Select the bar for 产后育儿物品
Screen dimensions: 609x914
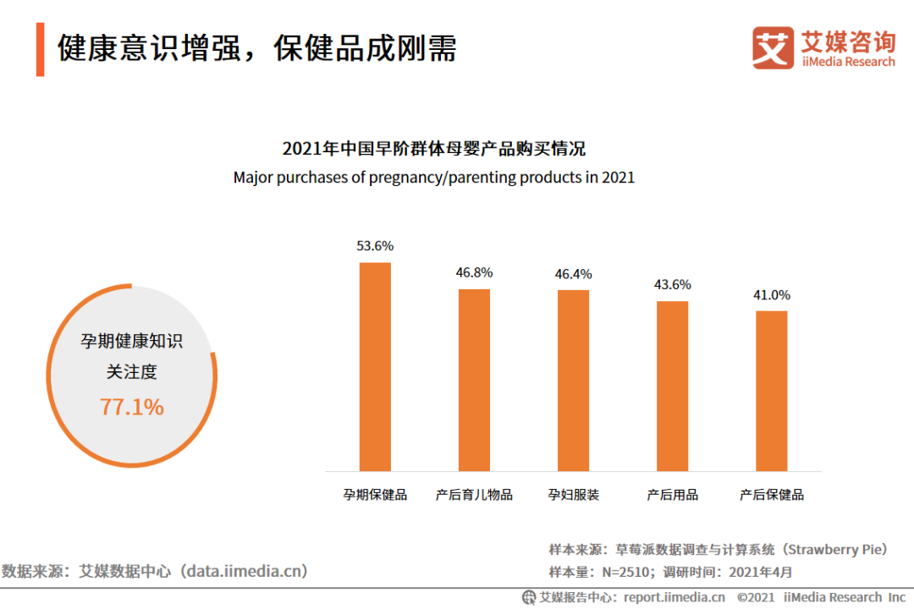tap(474, 380)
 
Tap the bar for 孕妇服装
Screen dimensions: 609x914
tap(573, 381)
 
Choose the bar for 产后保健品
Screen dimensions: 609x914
tap(772, 391)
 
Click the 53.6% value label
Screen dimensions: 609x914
tap(375, 246)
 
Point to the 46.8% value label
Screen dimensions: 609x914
tap(474, 273)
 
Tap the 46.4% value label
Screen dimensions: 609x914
tap(573, 274)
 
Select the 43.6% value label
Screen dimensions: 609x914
tap(673, 285)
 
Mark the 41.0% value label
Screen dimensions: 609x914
tap(772, 295)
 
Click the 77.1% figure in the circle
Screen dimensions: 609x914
tap(132, 407)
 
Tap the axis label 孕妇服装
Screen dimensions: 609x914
tap(573, 495)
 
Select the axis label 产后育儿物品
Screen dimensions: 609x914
tap(474, 495)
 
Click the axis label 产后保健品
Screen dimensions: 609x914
tap(772, 495)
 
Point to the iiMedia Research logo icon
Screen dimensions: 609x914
tap(774, 48)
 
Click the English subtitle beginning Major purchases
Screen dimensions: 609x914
tap(433, 178)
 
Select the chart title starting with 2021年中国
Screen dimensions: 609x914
tap(433, 150)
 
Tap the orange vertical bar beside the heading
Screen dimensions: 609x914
tap(40, 49)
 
